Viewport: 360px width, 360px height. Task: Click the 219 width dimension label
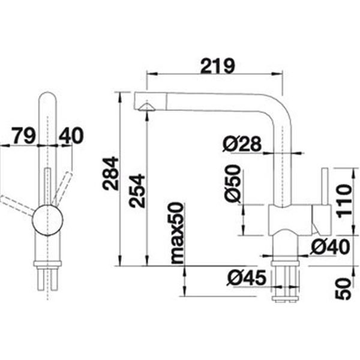click(218, 66)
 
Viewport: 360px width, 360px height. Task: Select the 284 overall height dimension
click(110, 174)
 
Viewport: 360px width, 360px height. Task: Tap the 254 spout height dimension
click(137, 191)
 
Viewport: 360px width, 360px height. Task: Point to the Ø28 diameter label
click(242, 144)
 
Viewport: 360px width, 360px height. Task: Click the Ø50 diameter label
click(233, 184)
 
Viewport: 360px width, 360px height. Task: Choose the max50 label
click(178, 233)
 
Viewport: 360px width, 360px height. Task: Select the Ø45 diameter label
click(247, 278)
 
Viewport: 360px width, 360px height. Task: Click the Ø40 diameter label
click(329, 247)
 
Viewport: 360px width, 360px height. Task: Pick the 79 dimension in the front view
click(23, 136)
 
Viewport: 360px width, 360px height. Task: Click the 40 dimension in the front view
click(71, 136)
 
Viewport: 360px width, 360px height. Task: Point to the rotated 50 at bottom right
click(343, 289)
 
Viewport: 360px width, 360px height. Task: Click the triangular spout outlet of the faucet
click(146, 107)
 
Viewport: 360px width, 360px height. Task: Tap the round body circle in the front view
click(47, 220)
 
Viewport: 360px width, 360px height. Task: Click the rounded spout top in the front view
click(47, 97)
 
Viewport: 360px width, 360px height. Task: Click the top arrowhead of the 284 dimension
click(119, 97)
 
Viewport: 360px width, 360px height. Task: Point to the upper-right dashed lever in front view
click(62, 188)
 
